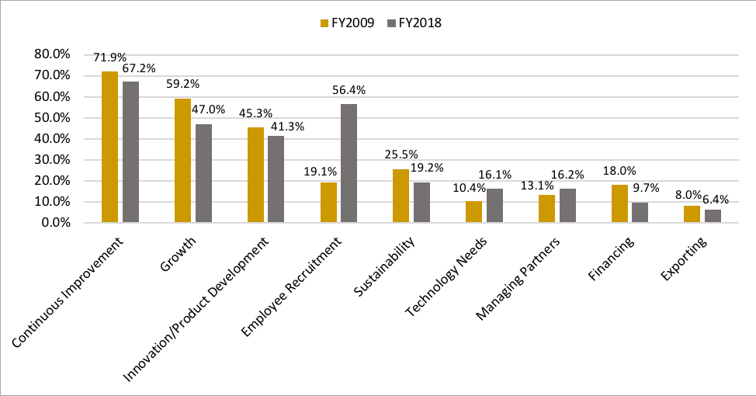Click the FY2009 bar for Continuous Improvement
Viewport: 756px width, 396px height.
coord(109,147)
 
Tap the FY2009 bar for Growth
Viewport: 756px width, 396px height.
coord(182,160)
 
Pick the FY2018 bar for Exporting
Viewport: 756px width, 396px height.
coord(713,216)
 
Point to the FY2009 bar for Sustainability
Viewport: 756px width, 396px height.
coord(401,196)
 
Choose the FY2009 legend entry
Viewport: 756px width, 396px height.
coord(347,23)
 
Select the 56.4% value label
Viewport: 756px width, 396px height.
coord(349,90)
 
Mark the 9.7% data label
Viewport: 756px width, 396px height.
coord(643,189)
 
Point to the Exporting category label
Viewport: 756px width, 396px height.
coord(685,258)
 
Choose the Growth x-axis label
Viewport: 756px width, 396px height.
coord(178,255)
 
